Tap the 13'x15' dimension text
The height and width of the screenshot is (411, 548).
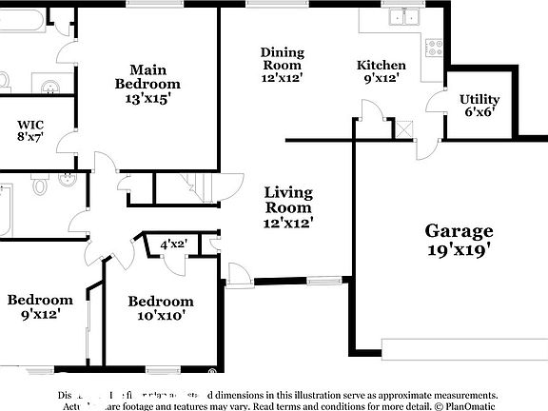click(x=150, y=96)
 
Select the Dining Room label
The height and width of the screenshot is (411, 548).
click(x=282, y=58)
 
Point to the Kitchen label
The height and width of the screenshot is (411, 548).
click(x=382, y=65)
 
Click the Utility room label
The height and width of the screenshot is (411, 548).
click(x=479, y=99)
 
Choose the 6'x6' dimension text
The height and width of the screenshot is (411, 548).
click(x=479, y=112)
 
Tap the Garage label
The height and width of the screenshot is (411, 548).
click(x=459, y=230)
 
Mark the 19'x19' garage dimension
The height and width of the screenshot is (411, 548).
click(x=459, y=250)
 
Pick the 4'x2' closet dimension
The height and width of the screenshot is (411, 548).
click(x=173, y=245)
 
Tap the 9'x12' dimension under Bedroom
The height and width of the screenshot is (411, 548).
click(x=40, y=314)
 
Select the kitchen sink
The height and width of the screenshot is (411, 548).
click(x=403, y=17)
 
